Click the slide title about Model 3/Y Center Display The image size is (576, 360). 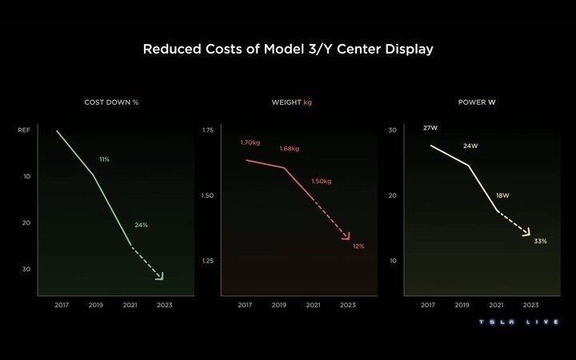click(288, 50)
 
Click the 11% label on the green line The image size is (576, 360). click(104, 159)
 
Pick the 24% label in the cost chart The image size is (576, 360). click(141, 225)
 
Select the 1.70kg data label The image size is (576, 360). click(250, 142)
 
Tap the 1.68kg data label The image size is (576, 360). click(289, 149)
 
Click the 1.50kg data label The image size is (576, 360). click(321, 181)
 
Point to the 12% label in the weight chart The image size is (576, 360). click(358, 246)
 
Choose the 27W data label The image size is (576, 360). click(430, 127)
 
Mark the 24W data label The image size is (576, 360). click(470, 146)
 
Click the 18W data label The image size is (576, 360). click(502, 195)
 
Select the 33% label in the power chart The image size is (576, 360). click(540, 240)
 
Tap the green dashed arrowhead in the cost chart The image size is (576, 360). click(159, 276)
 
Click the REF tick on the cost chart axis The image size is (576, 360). click(23, 130)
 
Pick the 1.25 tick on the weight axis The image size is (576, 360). click(207, 261)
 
